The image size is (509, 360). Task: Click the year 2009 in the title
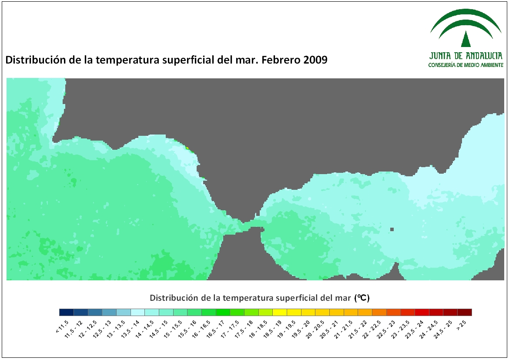(x=315, y=60)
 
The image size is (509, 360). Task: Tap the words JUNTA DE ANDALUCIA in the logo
(x=466, y=56)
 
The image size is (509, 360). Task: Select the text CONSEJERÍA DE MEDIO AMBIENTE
(x=466, y=65)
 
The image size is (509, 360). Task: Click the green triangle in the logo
(x=466, y=39)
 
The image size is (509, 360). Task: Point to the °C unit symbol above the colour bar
(x=362, y=298)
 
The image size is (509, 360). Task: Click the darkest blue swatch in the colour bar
(x=67, y=312)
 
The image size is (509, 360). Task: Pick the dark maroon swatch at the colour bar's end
(x=465, y=312)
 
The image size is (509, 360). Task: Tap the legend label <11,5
(x=62, y=326)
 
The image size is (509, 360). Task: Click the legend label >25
(x=461, y=325)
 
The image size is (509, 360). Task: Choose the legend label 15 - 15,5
(x=172, y=329)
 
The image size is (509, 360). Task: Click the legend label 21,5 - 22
(x=357, y=329)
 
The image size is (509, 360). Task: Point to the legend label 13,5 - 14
(x=130, y=329)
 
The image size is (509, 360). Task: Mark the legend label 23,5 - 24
(x=414, y=329)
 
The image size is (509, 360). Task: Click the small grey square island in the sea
(x=392, y=229)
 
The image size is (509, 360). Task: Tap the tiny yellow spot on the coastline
(x=188, y=148)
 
